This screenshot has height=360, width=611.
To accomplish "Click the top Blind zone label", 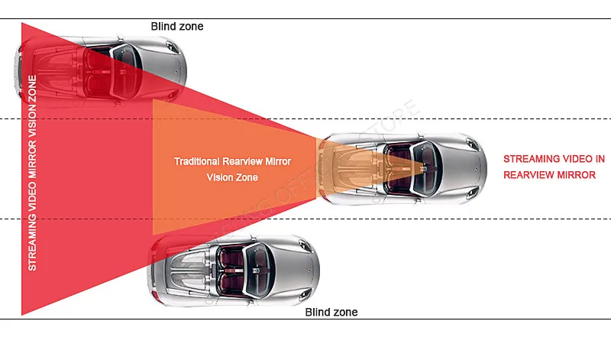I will (177, 26).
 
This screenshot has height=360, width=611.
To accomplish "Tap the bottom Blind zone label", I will (331, 312).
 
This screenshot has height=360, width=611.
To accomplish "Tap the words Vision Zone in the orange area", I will (233, 177).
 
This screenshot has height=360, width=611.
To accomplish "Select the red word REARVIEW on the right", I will (529, 175).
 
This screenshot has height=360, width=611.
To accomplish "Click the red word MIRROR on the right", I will (577, 175).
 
